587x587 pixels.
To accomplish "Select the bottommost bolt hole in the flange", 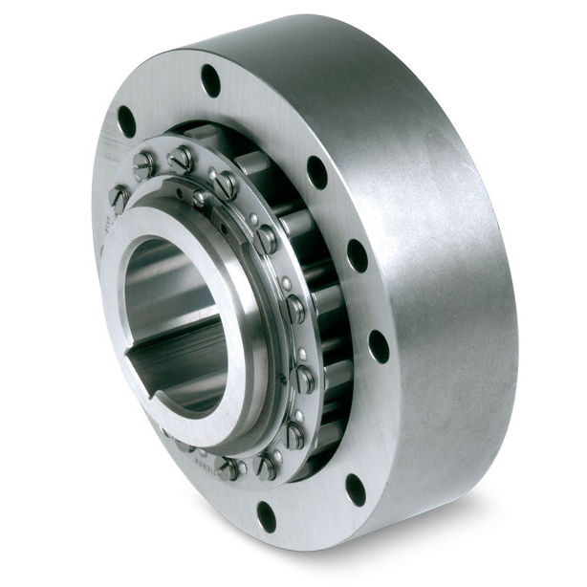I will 267,516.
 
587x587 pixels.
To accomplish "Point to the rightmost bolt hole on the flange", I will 379,345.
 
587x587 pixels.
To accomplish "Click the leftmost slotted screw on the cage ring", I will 119,197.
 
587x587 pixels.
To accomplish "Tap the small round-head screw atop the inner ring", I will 201,198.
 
